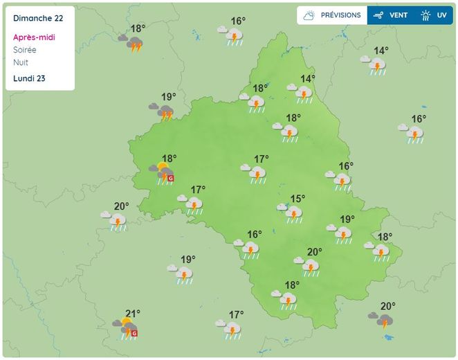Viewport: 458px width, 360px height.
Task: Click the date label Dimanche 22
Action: [x=38, y=17]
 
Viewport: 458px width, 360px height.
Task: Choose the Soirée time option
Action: [x=24, y=50]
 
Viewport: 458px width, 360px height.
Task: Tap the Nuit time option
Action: [x=20, y=62]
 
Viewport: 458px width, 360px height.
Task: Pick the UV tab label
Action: [x=441, y=15]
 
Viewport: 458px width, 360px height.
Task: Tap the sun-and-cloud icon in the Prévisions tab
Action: [x=309, y=15]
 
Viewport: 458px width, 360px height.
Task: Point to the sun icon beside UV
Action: [x=426, y=15]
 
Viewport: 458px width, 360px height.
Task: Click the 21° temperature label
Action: [x=132, y=314]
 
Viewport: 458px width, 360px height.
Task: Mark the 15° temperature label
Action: [x=297, y=199]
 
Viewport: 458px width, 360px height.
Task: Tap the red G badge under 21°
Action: [x=134, y=333]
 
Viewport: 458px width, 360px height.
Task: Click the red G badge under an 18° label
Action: [x=171, y=178]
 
